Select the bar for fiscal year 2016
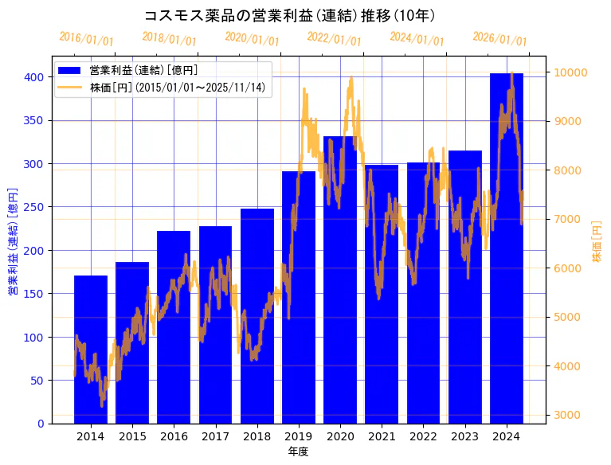click(174, 326)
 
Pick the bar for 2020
click(340, 279)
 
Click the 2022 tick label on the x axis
click(423, 436)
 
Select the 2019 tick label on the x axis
click(299, 436)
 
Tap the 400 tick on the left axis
click(33, 77)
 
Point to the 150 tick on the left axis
click(33, 294)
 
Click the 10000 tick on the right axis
click(571, 72)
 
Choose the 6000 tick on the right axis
click(568, 268)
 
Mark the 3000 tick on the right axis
click(568, 415)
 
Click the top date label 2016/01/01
click(87, 39)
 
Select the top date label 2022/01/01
click(335, 39)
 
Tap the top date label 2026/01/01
click(499, 39)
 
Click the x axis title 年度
click(298, 451)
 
